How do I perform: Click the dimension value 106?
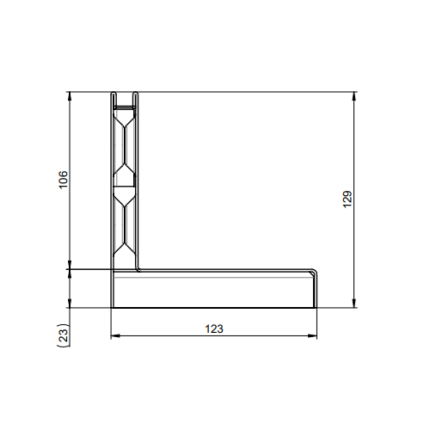pos(63,180)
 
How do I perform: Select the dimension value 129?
pos(347,198)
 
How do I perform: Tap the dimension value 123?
pos(214,329)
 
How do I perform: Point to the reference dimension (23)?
pos(63,335)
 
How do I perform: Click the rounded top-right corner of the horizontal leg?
pos(314,272)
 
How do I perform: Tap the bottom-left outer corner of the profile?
pos(112,308)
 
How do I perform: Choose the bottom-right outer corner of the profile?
pos(316,308)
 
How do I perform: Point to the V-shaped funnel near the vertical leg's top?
pos(126,120)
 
